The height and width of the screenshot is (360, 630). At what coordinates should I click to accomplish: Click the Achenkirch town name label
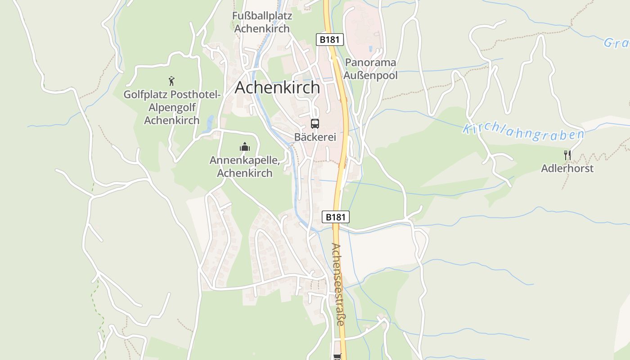point(277,87)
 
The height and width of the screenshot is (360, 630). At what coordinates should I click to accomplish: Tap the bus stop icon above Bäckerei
point(315,123)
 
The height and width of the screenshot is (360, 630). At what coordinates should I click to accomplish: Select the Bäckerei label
point(315,137)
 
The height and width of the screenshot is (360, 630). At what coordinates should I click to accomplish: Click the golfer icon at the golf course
point(171,81)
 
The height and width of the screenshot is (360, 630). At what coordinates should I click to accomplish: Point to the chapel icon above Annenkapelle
point(244,147)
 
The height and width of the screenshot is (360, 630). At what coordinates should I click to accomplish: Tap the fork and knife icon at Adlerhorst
point(567,155)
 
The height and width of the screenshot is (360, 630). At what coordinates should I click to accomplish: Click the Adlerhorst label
point(567,168)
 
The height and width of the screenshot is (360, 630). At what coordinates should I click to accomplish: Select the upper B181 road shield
point(329,40)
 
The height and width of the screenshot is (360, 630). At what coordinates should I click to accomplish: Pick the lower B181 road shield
point(336,217)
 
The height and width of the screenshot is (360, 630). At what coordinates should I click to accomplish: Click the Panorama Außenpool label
point(370,69)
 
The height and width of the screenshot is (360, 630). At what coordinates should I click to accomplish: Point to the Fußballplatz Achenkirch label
point(262,22)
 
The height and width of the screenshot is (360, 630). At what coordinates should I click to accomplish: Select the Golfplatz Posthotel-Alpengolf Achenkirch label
point(172,108)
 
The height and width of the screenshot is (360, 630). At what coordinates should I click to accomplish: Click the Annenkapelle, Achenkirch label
point(244,166)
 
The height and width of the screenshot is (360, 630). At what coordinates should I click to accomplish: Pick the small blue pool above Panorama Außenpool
point(370,48)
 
